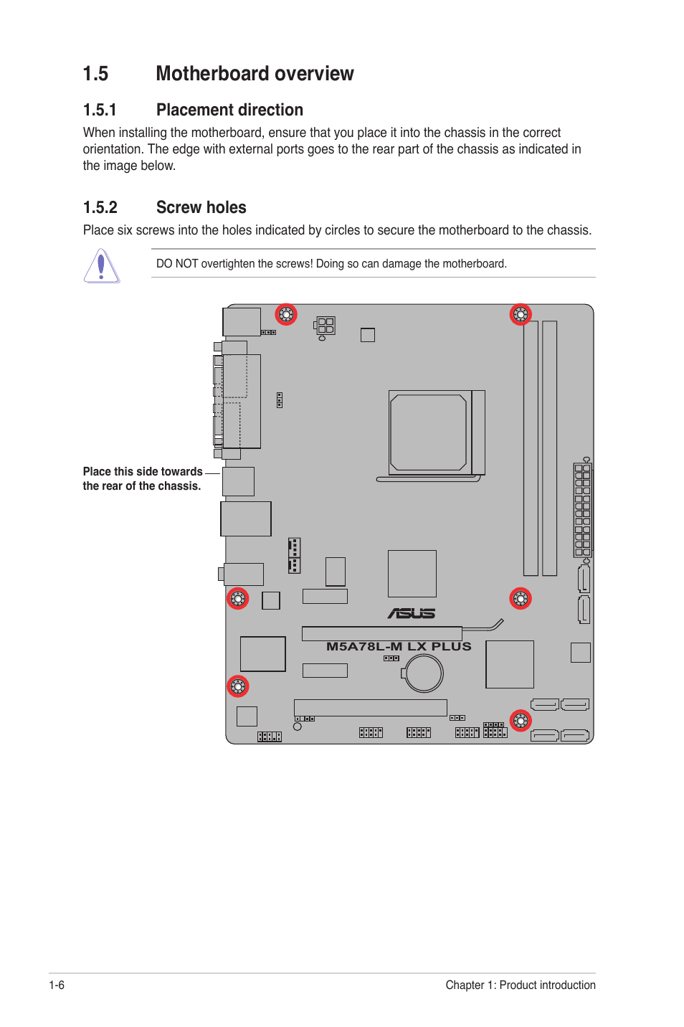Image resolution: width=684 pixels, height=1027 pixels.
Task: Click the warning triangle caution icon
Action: (101, 266)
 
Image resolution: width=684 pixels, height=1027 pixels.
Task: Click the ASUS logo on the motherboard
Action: (412, 613)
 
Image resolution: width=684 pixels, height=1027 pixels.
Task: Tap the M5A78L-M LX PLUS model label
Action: (399, 646)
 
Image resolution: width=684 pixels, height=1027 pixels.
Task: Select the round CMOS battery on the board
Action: (424, 673)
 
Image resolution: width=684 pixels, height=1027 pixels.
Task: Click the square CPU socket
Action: (429, 432)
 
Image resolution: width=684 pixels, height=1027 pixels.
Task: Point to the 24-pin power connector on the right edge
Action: (582, 510)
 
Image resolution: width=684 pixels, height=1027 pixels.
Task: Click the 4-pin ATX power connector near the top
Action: (326, 326)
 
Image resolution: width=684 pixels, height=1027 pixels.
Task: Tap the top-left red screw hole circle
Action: (286, 314)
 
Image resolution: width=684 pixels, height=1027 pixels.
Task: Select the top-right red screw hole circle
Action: (521, 314)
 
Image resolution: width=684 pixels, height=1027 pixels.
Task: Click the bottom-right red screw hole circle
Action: (521, 720)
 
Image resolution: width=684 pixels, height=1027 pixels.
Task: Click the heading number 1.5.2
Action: (100, 208)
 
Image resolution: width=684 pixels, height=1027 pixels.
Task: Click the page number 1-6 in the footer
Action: (57, 985)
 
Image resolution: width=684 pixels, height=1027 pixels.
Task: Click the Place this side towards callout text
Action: (143, 471)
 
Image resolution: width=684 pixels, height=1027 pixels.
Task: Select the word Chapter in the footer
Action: (465, 985)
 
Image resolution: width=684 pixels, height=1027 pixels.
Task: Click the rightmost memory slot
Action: (550, 448)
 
